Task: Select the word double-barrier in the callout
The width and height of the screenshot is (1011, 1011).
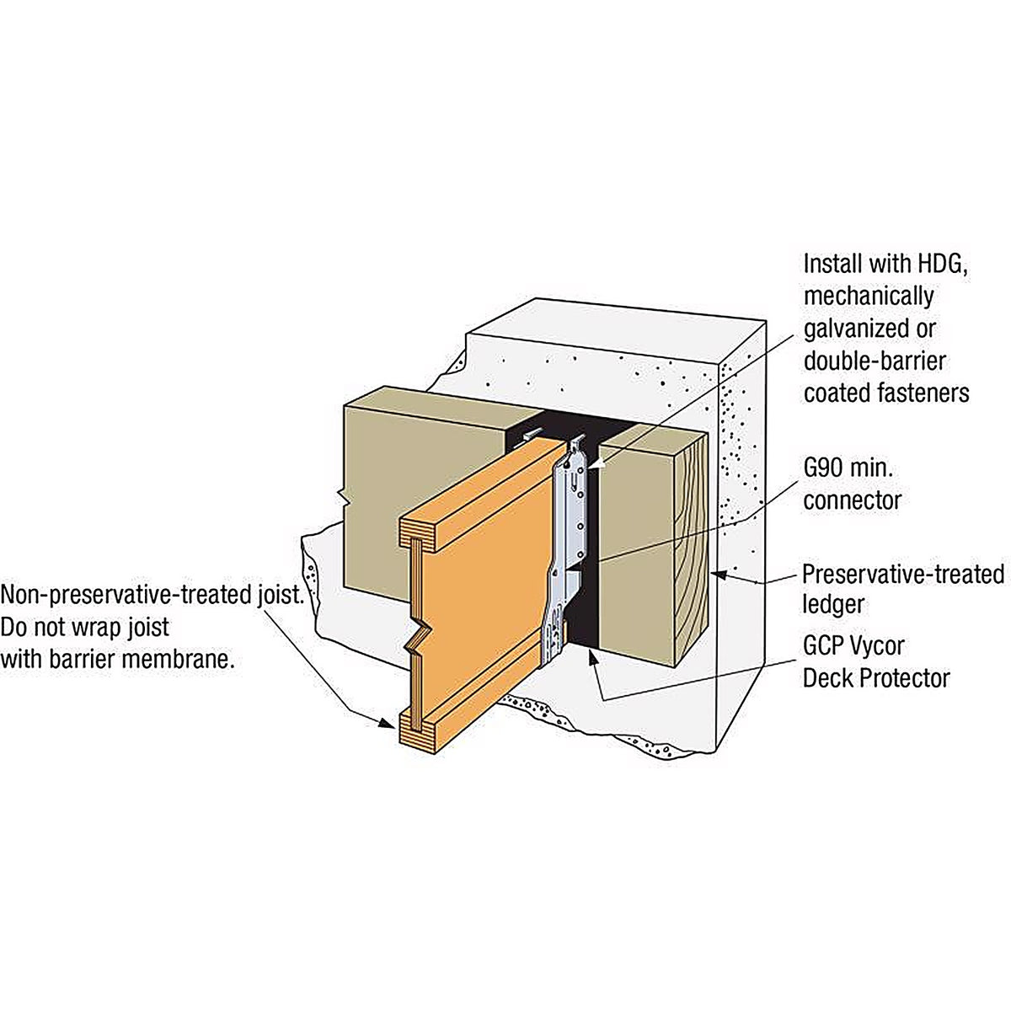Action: [875, 361]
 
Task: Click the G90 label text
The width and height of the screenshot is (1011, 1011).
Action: [823, 468]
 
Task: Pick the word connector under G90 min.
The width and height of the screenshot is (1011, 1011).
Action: [853, 500]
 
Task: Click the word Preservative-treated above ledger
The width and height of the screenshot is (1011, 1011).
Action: [903, 574]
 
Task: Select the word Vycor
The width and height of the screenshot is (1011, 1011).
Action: [878, 647]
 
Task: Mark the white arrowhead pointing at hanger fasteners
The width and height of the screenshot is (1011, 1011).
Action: [595, 465]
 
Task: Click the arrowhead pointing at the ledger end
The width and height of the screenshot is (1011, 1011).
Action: [719, 575]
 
